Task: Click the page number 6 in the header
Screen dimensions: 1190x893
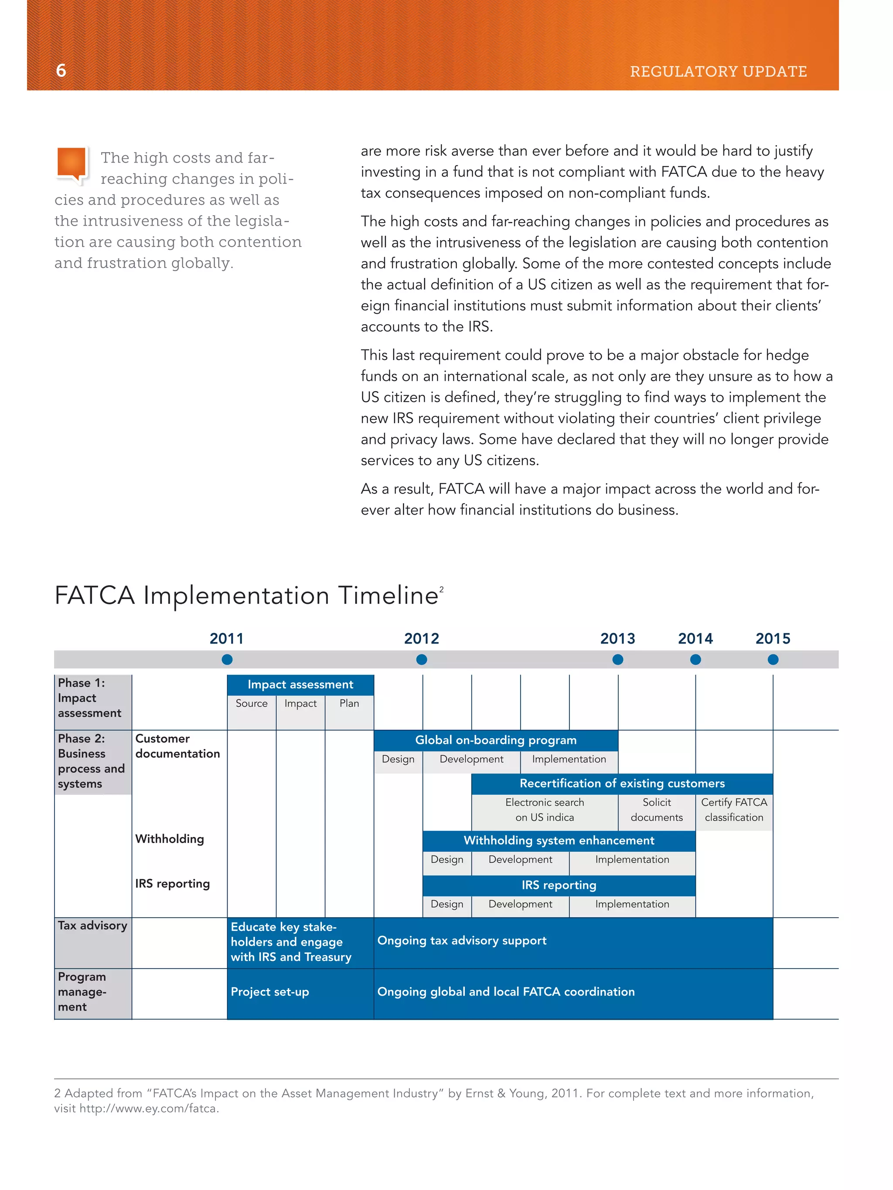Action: pos(61,71)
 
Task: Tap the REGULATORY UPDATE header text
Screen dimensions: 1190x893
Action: pos(718,71)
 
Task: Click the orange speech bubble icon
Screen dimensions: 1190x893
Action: pos(72,164)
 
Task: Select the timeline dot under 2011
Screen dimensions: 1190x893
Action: pos(227,660)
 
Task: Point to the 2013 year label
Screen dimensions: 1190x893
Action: pos(617,639)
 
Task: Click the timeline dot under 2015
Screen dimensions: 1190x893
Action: pos(773,660)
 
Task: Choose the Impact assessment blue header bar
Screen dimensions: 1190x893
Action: pos(300,684)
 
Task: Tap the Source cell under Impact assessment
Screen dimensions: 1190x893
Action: pos(252,704)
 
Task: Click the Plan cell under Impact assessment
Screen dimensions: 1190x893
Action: pos(349,704)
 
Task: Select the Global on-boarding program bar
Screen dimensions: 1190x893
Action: pos(496,740)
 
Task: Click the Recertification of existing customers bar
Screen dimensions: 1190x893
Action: pos(622,784)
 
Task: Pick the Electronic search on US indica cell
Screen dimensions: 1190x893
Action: pos(545,810)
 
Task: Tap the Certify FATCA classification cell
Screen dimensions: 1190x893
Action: pos(734,810)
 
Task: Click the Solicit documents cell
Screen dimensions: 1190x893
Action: pos(657,810)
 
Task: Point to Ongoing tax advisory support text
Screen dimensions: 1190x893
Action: pos(462,941)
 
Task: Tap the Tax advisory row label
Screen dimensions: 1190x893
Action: pos(92,926)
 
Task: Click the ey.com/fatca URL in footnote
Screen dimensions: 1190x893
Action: pos(148,1109)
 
